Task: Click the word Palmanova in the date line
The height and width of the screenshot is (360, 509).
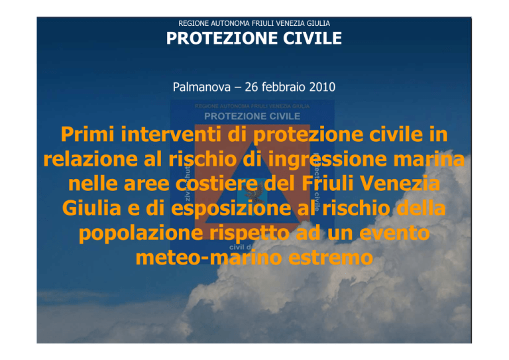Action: [x=201, y=87]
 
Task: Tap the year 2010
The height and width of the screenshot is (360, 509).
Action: [x=322, y=87]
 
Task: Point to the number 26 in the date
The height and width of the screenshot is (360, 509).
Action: [x=251, y=87]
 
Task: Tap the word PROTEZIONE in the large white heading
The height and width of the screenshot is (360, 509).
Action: [x=222, y=38]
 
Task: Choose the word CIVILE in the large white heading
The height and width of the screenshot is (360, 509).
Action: [x=312, y=38]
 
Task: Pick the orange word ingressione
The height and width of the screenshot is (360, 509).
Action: [x=327, y=159]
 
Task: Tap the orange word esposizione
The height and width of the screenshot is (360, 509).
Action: [x=231, y=208]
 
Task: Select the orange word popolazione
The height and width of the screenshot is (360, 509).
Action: [x=141, y=233]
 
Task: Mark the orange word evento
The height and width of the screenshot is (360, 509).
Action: [x=394, y=233]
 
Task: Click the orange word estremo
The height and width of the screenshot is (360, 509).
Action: [x=331, y=258]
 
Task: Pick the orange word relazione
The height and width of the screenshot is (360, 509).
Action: [x=90, y=159]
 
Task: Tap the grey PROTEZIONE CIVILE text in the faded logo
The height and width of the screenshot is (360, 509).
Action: [x=253, y=116]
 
